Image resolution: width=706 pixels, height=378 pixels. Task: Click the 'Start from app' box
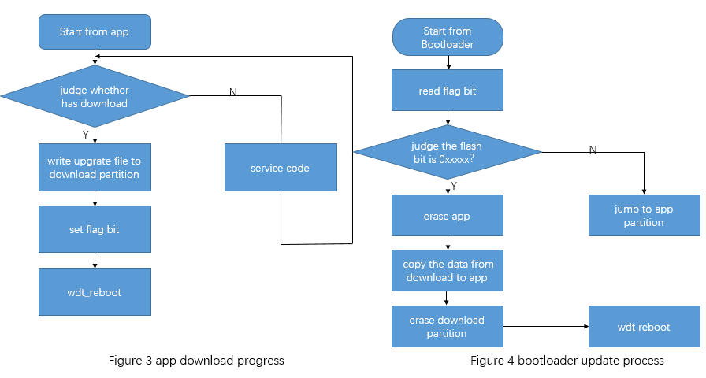[x=95, y=32]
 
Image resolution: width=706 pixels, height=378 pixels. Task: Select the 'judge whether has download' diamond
[x=95, y=96]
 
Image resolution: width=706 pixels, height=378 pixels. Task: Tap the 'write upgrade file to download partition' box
[x=95, y=167]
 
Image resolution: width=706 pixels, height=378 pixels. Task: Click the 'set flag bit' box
[x=95, y=229]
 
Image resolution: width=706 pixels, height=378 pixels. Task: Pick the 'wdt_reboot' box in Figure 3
[x=95, y=291]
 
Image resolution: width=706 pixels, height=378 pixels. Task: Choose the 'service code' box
[x=280, y=167]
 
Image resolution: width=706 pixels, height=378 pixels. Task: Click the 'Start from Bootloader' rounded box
[x=448, y=37]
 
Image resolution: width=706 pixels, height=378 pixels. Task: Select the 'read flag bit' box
[x=448, y=91]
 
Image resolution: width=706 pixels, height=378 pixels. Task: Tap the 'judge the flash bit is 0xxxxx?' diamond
[x=448, y=152]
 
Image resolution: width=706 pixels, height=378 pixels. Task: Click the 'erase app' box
[x=448, y=215]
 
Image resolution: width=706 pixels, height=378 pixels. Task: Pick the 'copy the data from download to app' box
[x=448, y=270]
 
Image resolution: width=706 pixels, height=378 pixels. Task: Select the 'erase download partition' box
[x=448, y=326]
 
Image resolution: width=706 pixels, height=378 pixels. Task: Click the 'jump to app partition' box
[x=644, y=216]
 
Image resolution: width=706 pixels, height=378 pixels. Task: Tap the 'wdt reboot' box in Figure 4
[x=644, y=326]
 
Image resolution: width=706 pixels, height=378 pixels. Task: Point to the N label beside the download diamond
[x=232, y=92]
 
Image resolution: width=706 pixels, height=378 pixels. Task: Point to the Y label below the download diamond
[x=86, y=135]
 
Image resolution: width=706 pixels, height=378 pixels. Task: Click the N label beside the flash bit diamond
[x=593, y=150]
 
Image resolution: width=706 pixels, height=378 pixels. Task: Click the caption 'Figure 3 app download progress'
[x=195, y=361]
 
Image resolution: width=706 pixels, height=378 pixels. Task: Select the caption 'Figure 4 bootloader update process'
[x=567, y=361]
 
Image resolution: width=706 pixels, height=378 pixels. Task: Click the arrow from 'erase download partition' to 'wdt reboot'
[x=545, y=326]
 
